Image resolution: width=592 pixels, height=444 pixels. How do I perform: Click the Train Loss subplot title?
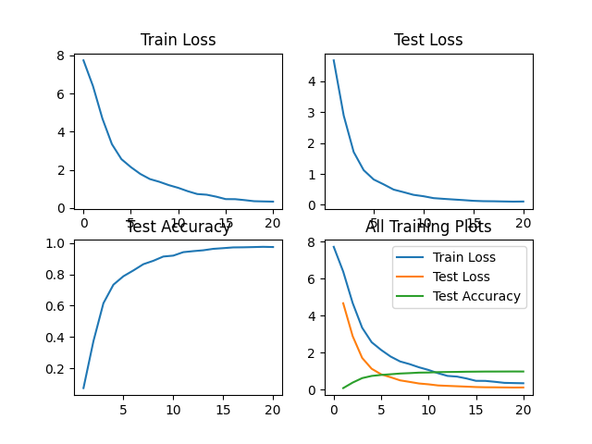coord(178,40)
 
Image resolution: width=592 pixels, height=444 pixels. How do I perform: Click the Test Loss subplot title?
coord(428,40)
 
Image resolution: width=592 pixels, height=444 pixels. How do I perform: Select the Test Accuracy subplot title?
coord(178,228)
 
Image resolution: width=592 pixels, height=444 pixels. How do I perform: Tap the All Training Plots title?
coord(428,228)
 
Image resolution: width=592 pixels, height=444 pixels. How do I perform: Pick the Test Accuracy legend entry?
coord(477,296)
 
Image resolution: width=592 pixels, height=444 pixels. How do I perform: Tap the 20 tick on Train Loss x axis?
coord(273,223)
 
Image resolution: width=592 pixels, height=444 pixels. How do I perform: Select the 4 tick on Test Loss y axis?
coord(314,81)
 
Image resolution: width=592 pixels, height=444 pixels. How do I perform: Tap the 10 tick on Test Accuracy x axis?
coord(173,410)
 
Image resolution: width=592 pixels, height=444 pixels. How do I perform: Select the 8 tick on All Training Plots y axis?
coord(314,241)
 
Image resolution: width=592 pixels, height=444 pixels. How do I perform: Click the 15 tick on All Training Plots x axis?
coord(475,410)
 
